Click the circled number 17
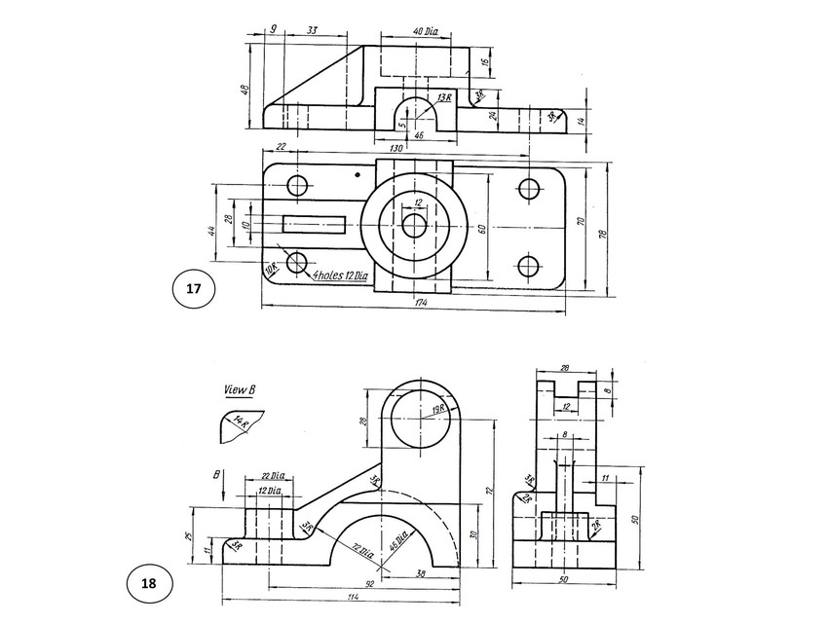[x=193, y=289]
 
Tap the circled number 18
[x=148, y=584]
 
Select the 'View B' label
[x=239, y=390]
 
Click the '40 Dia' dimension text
[x=426, y=32]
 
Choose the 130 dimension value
[x=396, y=148]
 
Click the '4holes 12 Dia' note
[x=341, y=276]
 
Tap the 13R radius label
[x=444, y=98]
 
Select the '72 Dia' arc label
[x=364, y=551]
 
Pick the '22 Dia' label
[x=271, y=476]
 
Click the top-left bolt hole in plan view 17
[x=298, y=185]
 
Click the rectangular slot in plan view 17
[x=314, y=224]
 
